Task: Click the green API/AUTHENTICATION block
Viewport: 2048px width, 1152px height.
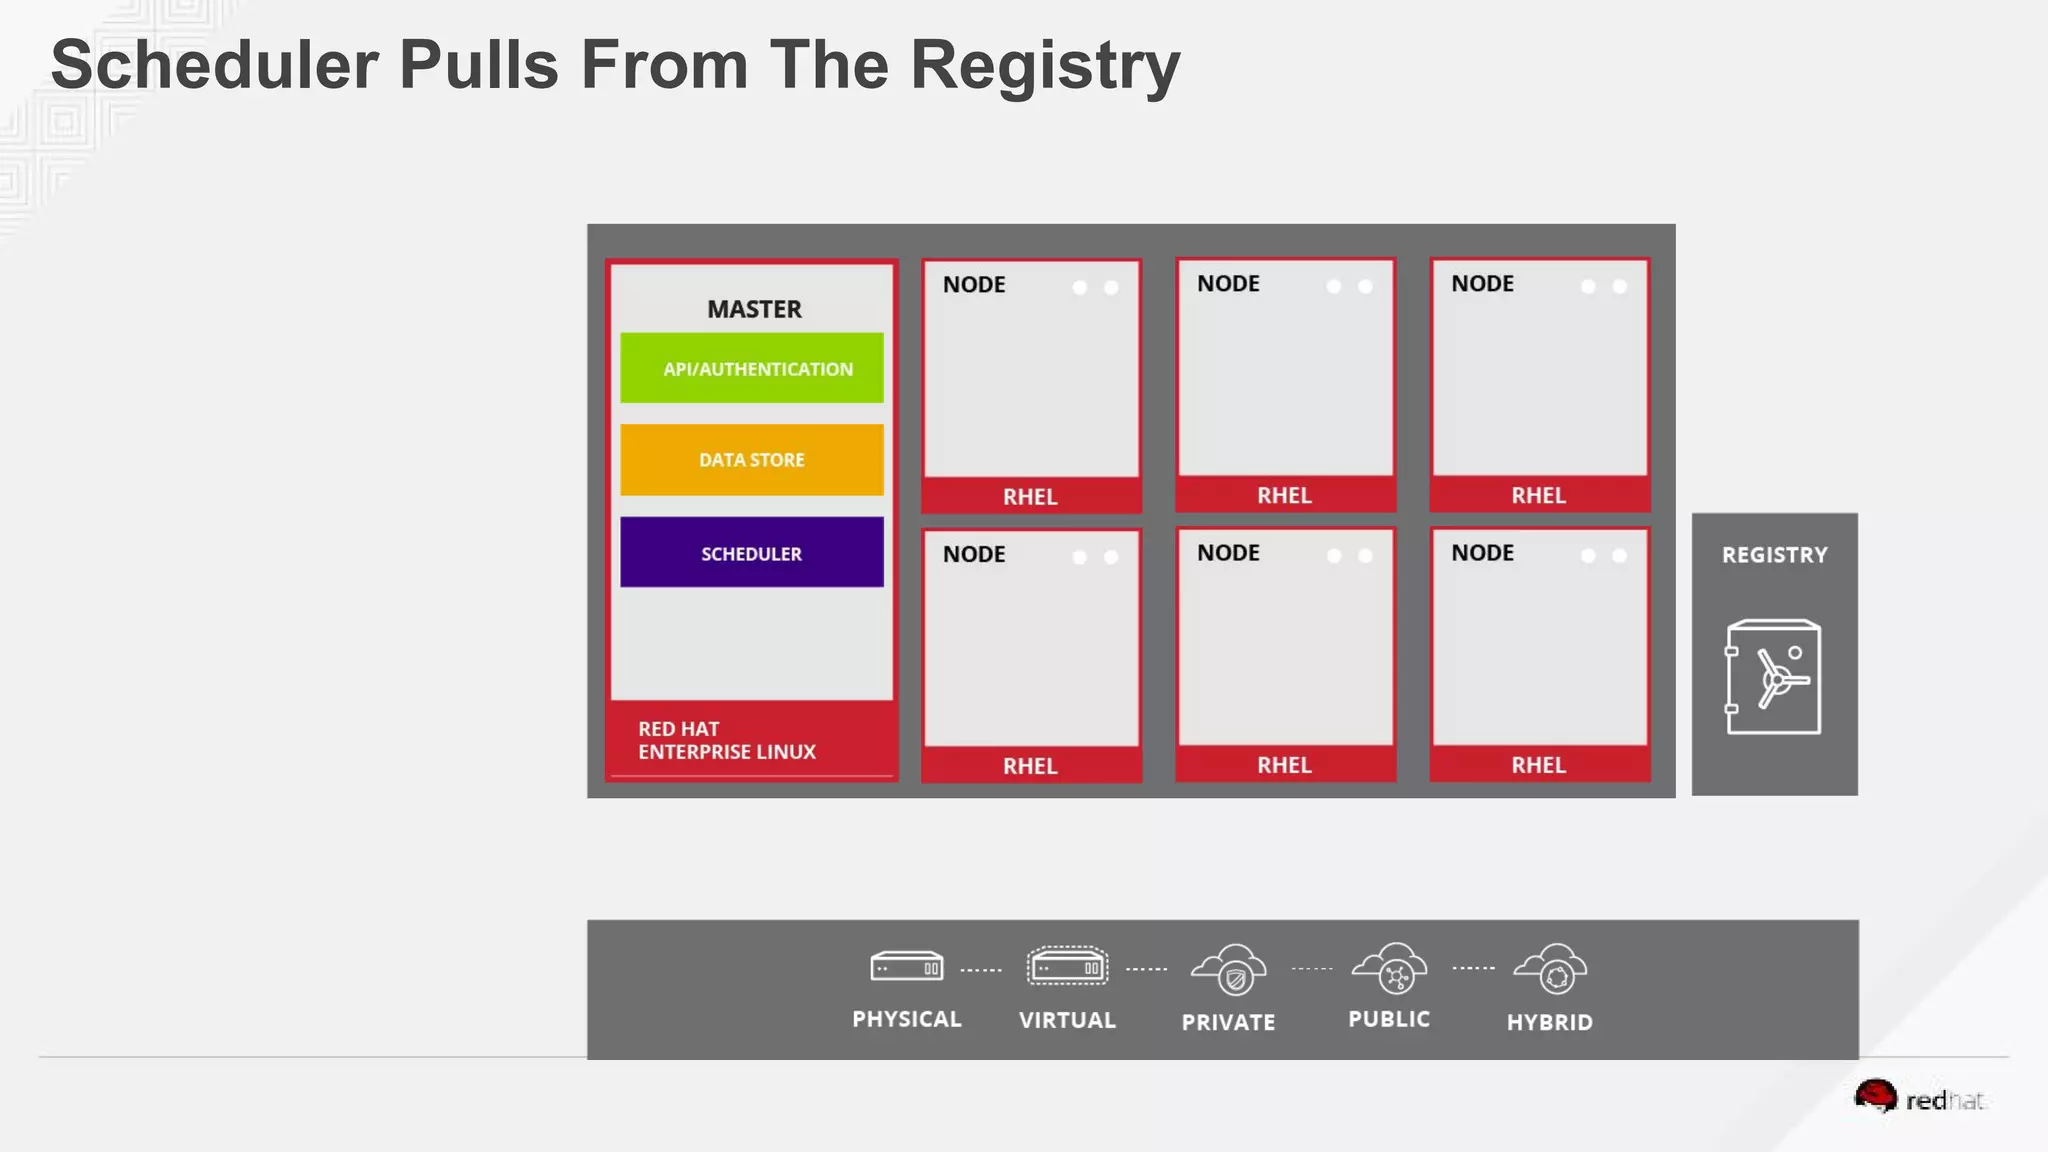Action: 752,368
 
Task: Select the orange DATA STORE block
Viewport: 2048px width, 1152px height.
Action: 752,460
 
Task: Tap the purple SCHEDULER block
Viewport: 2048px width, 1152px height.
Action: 752,552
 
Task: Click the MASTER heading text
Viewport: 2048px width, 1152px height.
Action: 754,309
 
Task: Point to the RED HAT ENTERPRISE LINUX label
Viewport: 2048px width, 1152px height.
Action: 727,740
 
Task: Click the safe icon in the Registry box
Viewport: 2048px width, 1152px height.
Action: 1773,677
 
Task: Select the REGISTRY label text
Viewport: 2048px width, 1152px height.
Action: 1774,555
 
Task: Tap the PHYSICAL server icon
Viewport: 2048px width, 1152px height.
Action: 907,967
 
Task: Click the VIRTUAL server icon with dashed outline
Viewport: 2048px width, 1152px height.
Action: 1067,967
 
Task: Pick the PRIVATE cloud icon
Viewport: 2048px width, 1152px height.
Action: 1229,969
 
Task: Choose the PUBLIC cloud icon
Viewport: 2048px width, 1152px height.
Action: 1390,968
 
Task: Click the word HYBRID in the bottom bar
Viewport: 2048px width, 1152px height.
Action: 1549,1022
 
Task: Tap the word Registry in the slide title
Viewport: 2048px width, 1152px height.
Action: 1045,66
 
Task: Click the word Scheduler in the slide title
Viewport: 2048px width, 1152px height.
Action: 214,66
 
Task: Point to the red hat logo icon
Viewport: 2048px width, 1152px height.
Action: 1875,1096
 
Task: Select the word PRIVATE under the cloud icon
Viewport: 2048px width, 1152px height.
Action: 1228,1022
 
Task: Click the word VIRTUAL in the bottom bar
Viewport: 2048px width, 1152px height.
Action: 1067,1020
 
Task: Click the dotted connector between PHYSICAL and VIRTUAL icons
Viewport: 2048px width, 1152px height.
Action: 981,970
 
